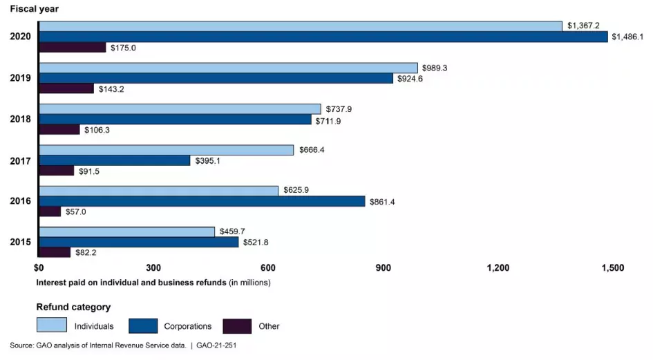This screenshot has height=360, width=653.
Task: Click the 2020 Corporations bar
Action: [323, 37]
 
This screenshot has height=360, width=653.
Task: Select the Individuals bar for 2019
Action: [229, 68]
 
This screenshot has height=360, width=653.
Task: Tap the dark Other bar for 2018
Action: [59, 129]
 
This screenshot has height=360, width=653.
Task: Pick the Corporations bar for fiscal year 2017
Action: [115, 160]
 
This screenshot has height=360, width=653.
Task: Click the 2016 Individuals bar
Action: [159, 191]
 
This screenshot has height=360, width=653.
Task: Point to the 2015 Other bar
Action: [55, 252]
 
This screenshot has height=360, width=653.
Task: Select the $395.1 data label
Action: [209, 160]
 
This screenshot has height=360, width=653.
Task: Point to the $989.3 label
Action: [437, 68]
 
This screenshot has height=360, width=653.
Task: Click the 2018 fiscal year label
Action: [20, 120]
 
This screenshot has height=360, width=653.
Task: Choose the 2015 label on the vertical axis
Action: [20, 243]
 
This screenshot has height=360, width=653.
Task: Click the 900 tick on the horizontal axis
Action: [383, 268]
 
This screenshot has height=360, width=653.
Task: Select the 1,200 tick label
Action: [498, 268]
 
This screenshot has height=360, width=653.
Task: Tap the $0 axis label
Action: [39, 268]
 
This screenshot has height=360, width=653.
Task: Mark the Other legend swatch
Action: [237, 325]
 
